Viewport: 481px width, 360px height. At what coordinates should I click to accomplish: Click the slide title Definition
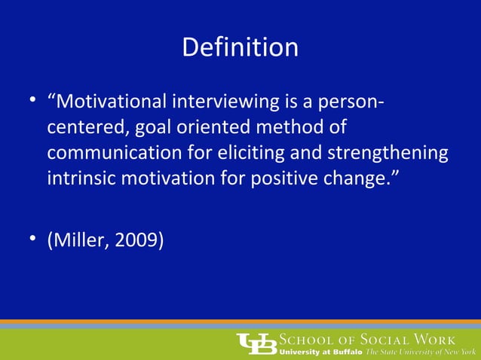[x=240, y=48]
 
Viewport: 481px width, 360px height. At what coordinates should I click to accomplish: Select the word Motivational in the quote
[x=112, y=101]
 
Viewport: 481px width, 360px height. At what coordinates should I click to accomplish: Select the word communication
[x=118, y=154]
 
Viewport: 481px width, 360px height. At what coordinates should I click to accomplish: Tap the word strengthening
[x=386, y=154]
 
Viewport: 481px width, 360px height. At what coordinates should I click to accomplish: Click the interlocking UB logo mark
[x=256, y=343]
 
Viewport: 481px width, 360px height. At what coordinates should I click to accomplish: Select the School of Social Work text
[x=368, y=338]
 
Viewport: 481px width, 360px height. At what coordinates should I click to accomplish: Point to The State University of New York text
[x=422, y=352]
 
